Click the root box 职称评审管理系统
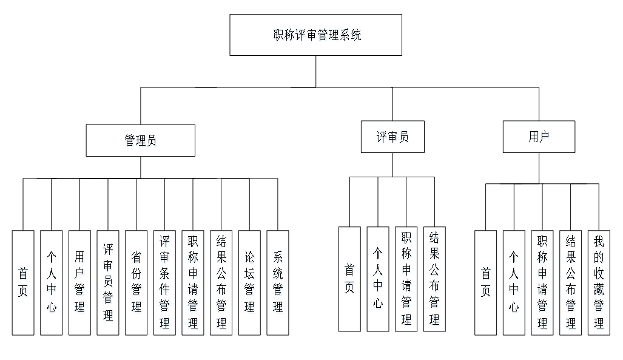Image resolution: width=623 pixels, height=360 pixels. tap(315, 35)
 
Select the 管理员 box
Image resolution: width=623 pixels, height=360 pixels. tap(140, 140)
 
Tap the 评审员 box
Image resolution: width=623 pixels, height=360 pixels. tap(392, 137)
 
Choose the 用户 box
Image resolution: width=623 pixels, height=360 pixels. tap(539, 137)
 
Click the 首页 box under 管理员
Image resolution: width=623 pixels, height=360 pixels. tap(23, 282)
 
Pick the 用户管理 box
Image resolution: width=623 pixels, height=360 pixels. tap(79, 282)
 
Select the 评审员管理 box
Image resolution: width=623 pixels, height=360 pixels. tap(108, 282)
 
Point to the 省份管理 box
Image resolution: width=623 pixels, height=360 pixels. tap(136, 282)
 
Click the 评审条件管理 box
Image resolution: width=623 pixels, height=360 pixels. tap(164, 282)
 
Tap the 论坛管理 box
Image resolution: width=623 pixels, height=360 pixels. tap(249, 282)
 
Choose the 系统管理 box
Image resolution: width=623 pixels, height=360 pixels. tap(278, 282)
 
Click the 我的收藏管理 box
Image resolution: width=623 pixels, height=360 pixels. tap(599, 282)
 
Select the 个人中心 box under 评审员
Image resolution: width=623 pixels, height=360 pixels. tap(378, 279)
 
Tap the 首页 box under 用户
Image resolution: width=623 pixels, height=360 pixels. tap(485, 282)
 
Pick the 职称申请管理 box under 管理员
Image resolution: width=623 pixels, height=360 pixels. tap(193, 282)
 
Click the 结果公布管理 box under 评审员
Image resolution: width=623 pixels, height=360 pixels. tap(434, 279)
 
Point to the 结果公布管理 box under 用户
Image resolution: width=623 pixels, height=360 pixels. tap(570, 282)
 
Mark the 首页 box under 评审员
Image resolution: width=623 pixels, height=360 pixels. tap(349, 279)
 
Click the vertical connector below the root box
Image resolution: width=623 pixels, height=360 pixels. tap(315, 71)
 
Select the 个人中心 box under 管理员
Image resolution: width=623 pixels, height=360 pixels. tap(52, 282)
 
